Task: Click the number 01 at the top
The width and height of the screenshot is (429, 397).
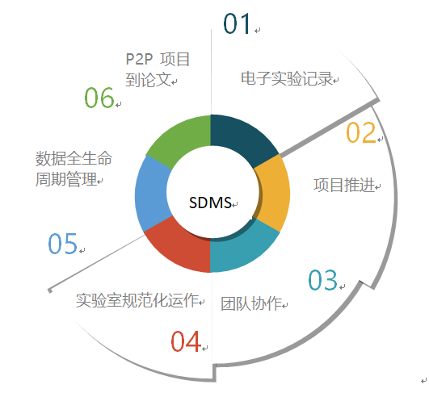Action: [x=237, y=23]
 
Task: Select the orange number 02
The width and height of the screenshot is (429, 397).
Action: [x=361, y=132]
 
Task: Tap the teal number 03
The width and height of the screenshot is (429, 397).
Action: [x=323, y=280]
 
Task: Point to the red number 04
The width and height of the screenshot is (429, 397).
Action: [x=186, y=341]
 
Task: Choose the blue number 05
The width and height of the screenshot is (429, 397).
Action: [x=63, y=244]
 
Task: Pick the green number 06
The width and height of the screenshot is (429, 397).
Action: [x=99, y=98]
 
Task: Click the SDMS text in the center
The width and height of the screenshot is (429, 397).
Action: [x=210, y=203]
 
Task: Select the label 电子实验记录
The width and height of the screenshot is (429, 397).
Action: [x=287, y=78]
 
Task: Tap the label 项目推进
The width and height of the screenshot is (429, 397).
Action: [x=344, y=186]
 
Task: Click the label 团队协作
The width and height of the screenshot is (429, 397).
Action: [x=251, y=303]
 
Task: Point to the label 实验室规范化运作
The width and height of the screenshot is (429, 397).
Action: [x=137, y=300]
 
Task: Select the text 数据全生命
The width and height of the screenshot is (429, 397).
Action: [x=74, y=158]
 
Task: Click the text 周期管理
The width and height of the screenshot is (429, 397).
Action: [x=66, y=179]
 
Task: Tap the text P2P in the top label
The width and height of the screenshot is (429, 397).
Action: [x=139, y=59]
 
